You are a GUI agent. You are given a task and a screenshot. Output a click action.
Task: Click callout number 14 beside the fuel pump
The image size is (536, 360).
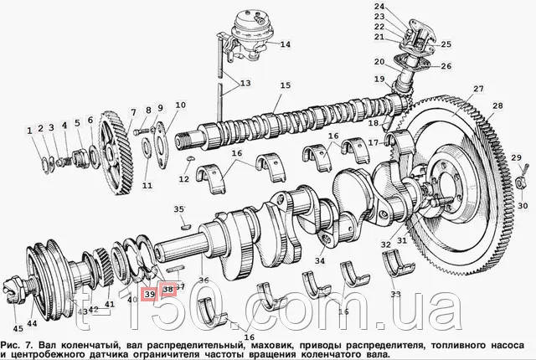[285, 44]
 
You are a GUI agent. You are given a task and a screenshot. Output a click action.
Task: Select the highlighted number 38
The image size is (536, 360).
[167, 290]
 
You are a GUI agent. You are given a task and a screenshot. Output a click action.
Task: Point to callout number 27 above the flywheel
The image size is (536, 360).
[478, 89]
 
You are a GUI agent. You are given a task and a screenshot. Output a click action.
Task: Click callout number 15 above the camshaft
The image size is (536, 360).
[285, 85]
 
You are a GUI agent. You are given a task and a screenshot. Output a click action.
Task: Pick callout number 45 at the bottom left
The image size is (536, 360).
[18, 327]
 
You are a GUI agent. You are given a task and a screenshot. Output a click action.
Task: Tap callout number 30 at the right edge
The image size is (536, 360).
[522, 205]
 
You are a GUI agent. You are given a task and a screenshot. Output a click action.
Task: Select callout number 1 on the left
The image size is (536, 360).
[29, 131]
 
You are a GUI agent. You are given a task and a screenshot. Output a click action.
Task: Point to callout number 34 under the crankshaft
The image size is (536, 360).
[319, 260]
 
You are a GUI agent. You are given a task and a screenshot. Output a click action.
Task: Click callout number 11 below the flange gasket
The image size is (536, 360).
[147, 185]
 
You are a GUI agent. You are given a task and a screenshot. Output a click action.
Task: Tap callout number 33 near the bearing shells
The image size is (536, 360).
[396, 295]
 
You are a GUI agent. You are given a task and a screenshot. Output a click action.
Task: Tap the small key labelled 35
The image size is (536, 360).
[183, 224]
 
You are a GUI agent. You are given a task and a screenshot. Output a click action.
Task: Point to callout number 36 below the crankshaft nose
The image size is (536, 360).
[204, 280]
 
